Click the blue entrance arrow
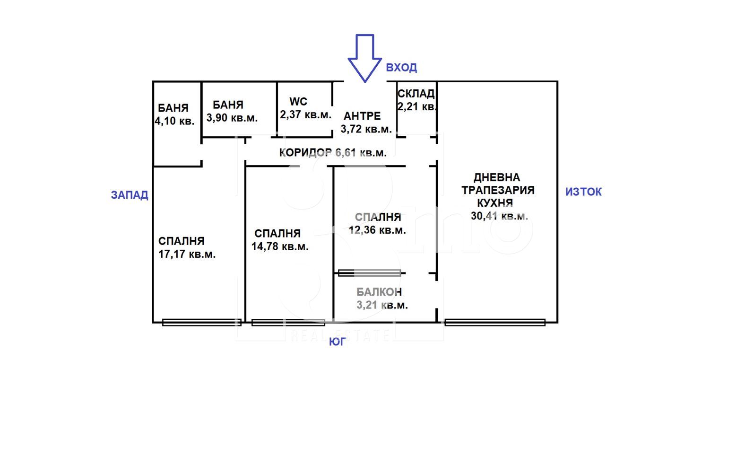364,58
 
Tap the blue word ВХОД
401,68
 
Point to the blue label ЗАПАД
130,195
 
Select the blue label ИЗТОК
583,192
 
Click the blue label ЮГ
338,342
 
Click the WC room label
298,102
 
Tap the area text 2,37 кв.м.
306,114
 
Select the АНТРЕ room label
362,116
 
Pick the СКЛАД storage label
416,94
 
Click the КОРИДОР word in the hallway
305,152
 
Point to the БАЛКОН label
379,292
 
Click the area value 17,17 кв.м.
187,254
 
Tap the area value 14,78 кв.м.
280,246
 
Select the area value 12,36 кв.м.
377,230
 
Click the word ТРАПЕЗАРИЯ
498,190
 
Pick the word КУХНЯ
495,203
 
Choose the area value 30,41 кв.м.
499,216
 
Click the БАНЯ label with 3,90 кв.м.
228,105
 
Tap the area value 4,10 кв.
174,121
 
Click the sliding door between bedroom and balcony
370,273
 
